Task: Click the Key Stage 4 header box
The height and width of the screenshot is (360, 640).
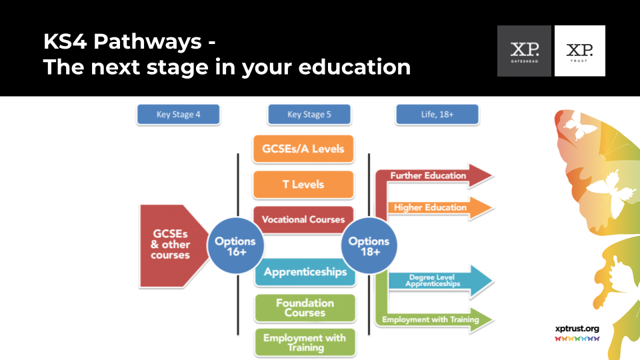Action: point(178,115)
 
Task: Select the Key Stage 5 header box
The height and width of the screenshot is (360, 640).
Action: point(309,115)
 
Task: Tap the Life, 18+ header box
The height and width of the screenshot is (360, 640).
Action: point(437,115)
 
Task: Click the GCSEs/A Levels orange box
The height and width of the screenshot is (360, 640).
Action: point(303,149)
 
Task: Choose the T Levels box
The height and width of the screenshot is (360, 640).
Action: point(303,184)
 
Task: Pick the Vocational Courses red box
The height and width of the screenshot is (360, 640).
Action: point(303,219)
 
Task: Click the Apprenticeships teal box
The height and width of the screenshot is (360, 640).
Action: point(305,272)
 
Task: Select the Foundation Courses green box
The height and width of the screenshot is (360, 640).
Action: point(305,307)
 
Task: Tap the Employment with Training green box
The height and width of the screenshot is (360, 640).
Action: point(305,342)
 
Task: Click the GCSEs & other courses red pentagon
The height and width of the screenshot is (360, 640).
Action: point(171,246)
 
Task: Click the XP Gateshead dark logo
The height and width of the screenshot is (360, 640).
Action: point(524,51)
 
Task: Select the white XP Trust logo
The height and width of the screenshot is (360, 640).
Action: point(579,51)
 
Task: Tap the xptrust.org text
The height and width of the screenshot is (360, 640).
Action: point(577,328)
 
